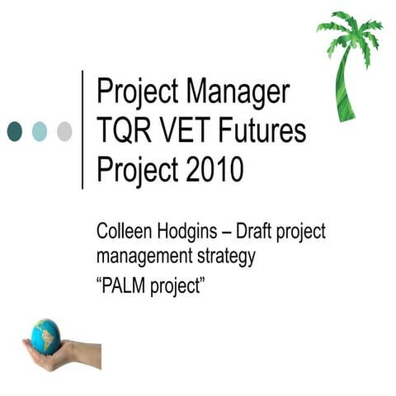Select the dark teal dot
tap(15, 130)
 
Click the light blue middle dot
tap(40, 130)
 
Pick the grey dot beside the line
tap(64, 130)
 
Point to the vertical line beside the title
tap(82, 130)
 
